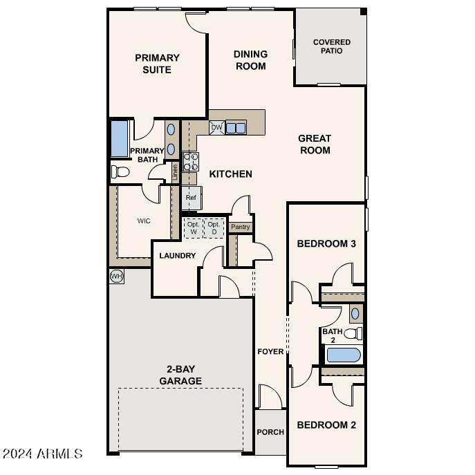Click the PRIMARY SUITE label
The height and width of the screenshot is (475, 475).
pos(157,64)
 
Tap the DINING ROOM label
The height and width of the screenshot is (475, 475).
pos(250,60)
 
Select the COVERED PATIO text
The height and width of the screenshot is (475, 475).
pos(331,47)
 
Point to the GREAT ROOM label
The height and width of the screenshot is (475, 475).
pos(315,144)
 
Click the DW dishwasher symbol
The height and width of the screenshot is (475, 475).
pos(216,128)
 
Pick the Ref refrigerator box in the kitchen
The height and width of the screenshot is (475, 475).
pos(192,198)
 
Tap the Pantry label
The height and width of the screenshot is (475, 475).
pos(241,227)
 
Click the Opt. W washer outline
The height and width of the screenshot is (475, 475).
pos(193,228)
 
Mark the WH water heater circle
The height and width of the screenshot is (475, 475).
pos(116,276)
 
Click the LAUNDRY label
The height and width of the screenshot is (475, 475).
pos(178,256)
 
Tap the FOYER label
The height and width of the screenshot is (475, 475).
pos(270,351)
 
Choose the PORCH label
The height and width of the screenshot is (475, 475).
pos(270,432)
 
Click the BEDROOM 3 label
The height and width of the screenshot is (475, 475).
pos(326,243)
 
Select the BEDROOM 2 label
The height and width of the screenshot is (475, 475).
pos(326,425)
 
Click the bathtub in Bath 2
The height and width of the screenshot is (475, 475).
pos(344,356)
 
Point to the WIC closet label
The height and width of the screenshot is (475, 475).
pos(144,221)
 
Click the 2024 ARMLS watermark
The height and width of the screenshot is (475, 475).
pos(43,454)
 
